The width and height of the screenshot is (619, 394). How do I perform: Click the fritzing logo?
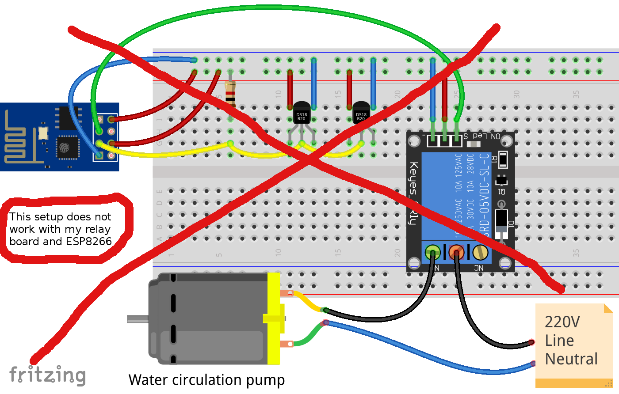click(x=47, y=375)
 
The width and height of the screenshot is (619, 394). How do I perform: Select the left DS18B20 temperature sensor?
click(x=302, y=114)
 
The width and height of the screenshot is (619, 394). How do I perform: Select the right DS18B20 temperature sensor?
click(x=361, y=114)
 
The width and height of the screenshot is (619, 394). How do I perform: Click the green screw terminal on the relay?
click(x=432, y=252)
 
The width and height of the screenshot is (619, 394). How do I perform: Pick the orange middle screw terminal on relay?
click(x=456, y=252)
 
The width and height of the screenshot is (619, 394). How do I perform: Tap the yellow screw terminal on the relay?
click(x=480, y=252)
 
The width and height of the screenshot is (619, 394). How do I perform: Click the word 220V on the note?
click(x=562, y=322)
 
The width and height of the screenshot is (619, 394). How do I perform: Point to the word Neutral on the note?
click(x=571, y=359)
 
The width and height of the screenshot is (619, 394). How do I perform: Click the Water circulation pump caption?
click(x=206, y=380)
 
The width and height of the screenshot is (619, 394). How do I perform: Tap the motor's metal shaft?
click(x=138, y=318)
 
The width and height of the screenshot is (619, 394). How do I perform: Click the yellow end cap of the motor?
click(x=274, y=318)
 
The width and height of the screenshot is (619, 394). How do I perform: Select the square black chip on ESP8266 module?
click(x=68, y=147)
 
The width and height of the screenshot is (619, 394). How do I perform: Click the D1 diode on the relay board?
click(x=501, y=221)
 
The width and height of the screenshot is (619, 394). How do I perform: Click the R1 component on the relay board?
click(x=503, y=159)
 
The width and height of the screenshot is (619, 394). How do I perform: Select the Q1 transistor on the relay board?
click(x=501, y=181)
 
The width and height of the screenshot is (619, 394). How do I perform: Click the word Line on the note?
click(x=559, y=341)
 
